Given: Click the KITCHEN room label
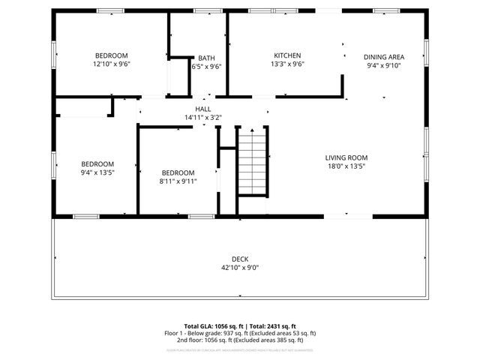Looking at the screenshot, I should (x=287, y=55).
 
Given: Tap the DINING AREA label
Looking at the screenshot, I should (x=384, y=57).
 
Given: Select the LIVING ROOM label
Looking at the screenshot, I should (x=346, y=157).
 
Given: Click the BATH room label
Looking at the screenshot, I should (x=206, y=58).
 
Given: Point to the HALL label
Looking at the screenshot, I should (x=203, y=109).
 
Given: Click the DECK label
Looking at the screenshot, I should (x=239, y=259).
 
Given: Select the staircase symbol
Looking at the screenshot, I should (x=252, y=160).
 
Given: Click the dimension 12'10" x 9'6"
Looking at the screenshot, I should (x=111, y=64).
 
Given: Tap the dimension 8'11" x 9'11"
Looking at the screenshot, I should (x=177, y=181).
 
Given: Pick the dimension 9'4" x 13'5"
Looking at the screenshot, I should (x=97, y=172).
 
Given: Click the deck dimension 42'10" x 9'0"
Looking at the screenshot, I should (x=239, y=268).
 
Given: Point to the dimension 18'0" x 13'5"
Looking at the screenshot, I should (x=346, y=166).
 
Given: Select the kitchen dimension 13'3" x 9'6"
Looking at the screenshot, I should (x=287, y=64).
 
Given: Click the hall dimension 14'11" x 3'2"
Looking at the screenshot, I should (x=203, y=118).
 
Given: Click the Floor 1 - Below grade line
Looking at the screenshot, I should (x=240, y=333).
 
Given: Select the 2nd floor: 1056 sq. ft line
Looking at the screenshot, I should (x=240, y=340).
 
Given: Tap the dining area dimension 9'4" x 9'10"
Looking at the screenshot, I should (x=384, y=66).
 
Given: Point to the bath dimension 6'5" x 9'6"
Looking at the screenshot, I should (x=206, y=67).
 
